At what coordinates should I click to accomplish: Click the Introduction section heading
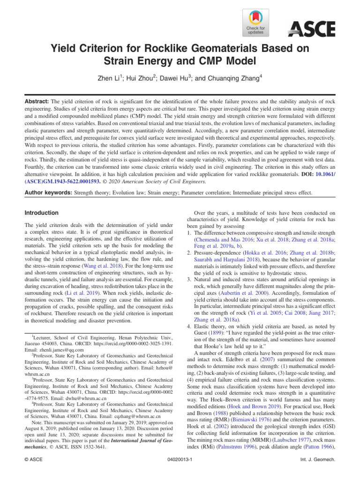tap(42, 213)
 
